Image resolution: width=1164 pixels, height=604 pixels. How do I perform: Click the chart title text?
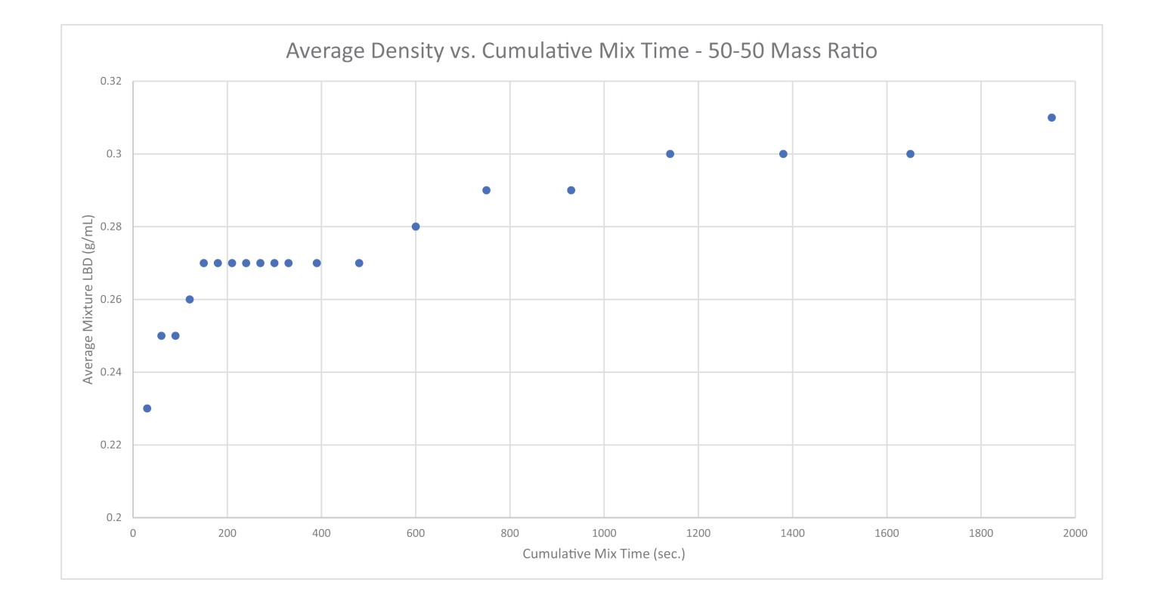coord(581,51)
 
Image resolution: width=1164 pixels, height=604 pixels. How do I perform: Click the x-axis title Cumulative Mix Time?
coord(603,554)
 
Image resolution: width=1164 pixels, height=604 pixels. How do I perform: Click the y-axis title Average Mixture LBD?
coord(88,300)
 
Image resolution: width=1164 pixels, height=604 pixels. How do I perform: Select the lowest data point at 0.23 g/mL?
coord(147,408)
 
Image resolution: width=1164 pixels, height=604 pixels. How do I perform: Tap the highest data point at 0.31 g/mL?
coord(1051,118)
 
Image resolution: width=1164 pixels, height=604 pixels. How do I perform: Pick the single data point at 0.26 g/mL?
coord(190,300)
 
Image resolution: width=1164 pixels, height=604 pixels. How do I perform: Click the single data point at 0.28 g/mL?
coord(416,226)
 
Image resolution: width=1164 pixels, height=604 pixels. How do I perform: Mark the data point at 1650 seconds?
coord(910,154)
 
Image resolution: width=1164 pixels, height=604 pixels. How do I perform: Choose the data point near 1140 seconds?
coord(670,154)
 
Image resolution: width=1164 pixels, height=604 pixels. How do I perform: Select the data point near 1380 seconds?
coord(783,154)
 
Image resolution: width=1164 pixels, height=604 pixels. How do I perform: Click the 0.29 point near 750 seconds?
coord(486,190)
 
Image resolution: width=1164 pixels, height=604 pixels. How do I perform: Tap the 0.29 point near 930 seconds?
coord(571,190)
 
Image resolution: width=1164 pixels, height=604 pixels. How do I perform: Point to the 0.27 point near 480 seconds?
coord(359,263)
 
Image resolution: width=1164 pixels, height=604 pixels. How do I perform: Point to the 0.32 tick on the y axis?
coord(111,82)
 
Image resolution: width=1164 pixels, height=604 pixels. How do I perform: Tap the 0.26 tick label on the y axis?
coord(111,300)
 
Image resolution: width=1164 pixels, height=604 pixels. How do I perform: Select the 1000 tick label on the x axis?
coord(604,534)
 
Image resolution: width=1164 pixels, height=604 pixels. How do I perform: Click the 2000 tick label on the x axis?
coord(1075,534)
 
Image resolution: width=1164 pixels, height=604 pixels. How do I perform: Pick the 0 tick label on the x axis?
coord(133,534)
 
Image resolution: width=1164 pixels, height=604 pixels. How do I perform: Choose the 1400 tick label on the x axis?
coord(792,534)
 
